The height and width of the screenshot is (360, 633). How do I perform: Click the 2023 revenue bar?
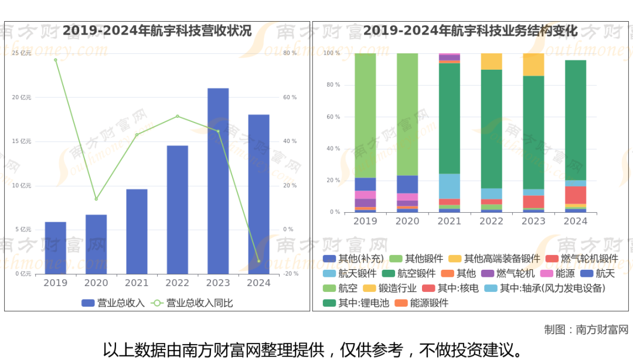pyautogui.click(x=218, y=181)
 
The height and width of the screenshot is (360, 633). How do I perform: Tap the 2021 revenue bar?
pyautogui.click(x=137, y=232)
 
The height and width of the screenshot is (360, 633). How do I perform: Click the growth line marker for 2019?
pyautogui.click(x=56, y=60)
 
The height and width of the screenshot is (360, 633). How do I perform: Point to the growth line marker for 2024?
pyautogui.click(x=258, y=261)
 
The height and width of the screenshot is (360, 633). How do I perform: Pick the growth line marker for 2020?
pyautogui.click(x=96, y=199)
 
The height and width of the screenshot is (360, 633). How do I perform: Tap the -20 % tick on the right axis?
pyautogui.click(x=291, y=274)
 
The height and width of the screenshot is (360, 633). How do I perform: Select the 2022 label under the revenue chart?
pyautogui.click(x=177, y=283)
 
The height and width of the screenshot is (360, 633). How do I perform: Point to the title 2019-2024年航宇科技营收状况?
pyautogui.click(x=157, y=31)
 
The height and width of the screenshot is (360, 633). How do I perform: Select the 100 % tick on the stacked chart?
pyautogui.click(x=332, y=53)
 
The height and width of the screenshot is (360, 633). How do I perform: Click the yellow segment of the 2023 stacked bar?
pyautogui.click(x=533, y=64)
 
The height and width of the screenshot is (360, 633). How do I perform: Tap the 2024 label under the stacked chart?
pyautogui.click(x=576, y=222)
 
